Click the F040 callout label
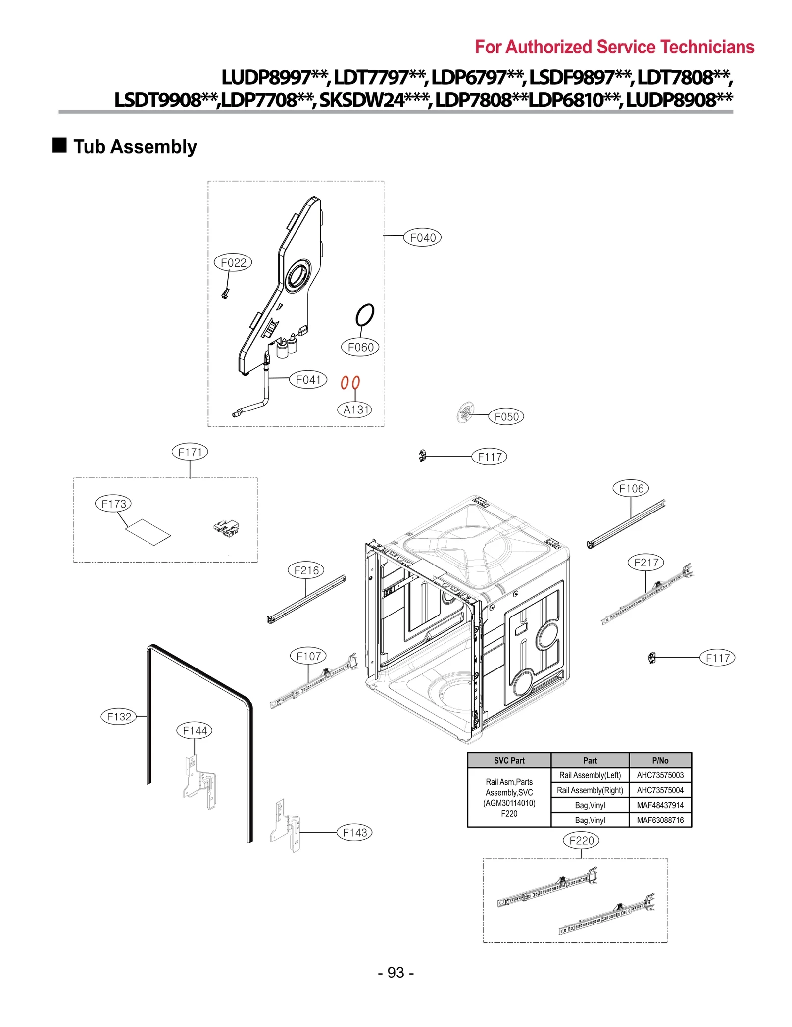[422, 238]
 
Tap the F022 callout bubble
[233, 262]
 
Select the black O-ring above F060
[365, 314]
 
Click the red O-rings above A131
[350, 382]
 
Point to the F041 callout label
[308, 380]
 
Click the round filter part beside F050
[465, 412]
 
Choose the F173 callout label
[114, 504]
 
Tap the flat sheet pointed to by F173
[148, 532]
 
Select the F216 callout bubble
[306, 570]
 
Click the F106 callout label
[631, 488]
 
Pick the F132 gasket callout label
[119, 717]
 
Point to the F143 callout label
[354, 832]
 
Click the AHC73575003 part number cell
[660, 775]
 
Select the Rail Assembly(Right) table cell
[590, 790]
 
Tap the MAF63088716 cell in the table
[660, 820]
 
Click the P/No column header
[660, 760]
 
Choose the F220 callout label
[581, 840]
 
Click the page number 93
[396, 973]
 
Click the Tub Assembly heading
[135, 147]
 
